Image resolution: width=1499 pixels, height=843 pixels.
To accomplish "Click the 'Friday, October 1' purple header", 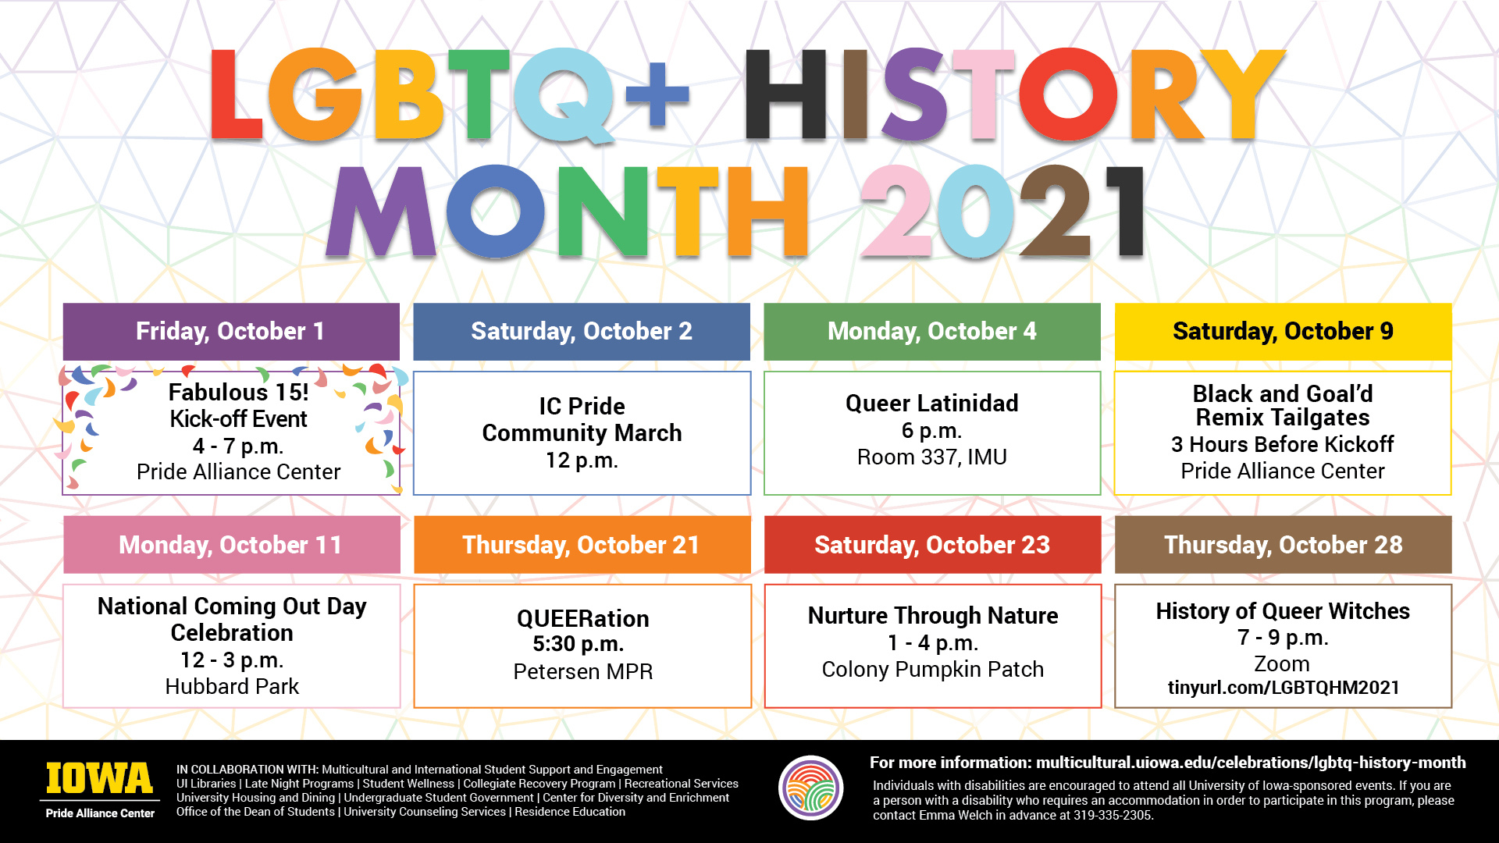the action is click(x=231, y=332).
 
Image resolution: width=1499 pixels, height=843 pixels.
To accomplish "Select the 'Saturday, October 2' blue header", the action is click(x=582, y=332).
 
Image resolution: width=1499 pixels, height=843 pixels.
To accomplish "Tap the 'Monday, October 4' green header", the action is click(x=932, y=332).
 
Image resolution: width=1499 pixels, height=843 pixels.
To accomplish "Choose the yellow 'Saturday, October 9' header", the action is click(x=1283, y=332).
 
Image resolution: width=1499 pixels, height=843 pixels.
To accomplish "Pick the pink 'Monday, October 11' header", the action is click(x=231, y=545).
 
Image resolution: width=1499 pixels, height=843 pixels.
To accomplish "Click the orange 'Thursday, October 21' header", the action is click(x=582, y=545).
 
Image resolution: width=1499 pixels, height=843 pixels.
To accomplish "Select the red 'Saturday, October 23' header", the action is click(x=932, y=545).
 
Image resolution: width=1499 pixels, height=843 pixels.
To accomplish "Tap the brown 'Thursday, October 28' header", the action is click(x=1283, y=545).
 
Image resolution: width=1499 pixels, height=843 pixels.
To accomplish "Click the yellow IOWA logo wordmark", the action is click(x=100, y=778).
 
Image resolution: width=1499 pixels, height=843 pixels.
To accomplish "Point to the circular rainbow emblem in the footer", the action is click(x=811, y=788).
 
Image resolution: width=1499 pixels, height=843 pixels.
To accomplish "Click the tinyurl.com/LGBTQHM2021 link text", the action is click(x=1284, y=688).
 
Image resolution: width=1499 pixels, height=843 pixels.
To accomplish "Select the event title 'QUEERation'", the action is click(x=582, y=619).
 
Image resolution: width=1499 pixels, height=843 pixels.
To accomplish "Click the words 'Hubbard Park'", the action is click(x=232, y=687).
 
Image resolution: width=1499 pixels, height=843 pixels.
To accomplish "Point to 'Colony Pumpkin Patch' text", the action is click(x=933, y=670).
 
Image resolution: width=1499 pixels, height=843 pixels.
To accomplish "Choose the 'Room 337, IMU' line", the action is click(x=932, y=457).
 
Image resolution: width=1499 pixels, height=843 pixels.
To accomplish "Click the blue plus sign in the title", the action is click(x=657, y=94).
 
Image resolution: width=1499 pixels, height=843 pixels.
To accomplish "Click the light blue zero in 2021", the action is click(x=974, y=211).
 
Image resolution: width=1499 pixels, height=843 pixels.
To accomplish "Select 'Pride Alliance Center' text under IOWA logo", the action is click(x=100, y=813).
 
